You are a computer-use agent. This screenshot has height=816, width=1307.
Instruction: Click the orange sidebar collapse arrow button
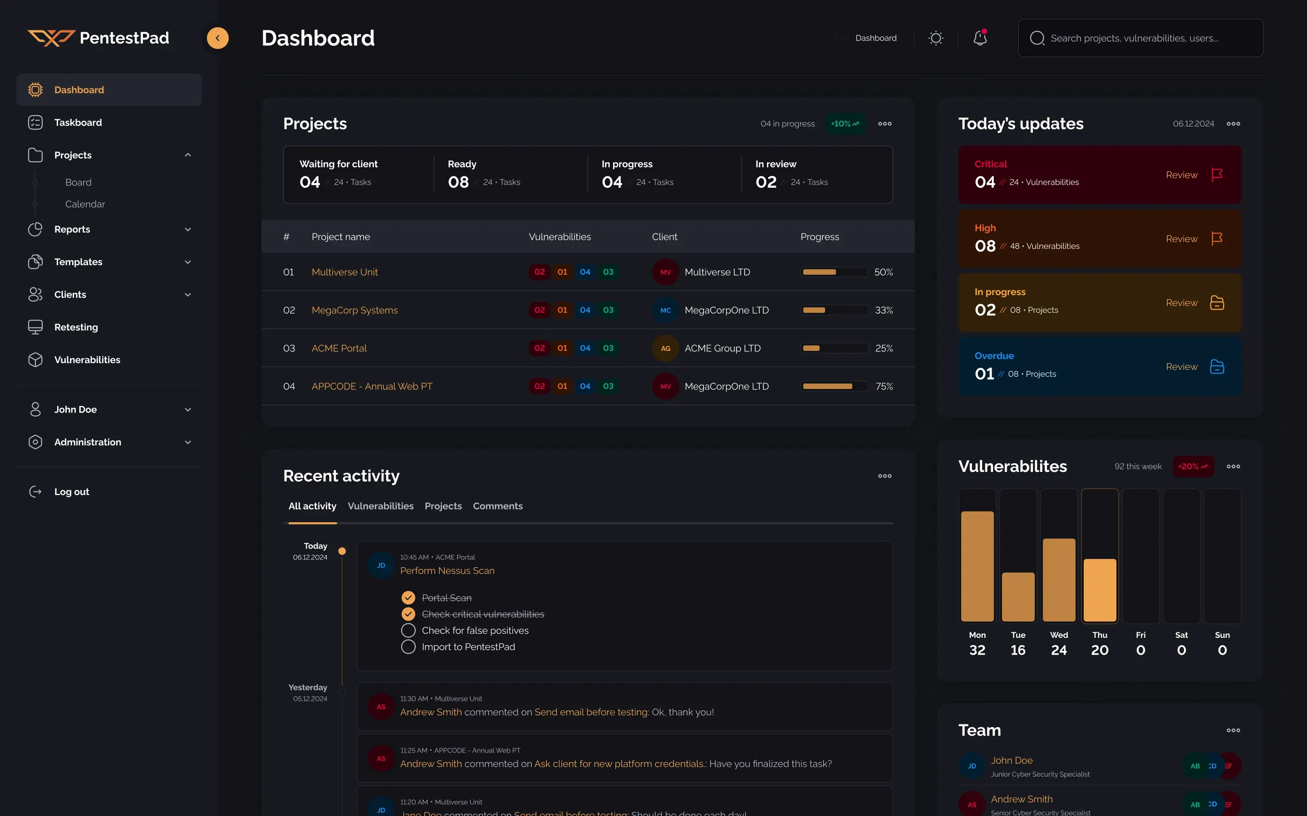pyautogui.click(x=218, y=38)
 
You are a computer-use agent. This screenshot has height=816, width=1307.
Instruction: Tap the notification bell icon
pyautogui.click(x=980, y=38)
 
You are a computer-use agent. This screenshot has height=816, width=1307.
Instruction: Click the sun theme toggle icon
pyautogui.click(x=935, y=38)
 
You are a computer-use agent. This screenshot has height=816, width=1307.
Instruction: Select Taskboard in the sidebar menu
pyautogui.click(x=78, y=122)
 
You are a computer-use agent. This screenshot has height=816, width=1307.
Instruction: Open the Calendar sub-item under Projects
pyautogui.click(x=85, y=204)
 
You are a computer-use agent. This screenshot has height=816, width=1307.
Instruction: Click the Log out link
pyautogui.click(x=71, y=492)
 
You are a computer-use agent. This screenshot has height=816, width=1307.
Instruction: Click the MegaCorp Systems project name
pyautogui.click(x=354, y=310)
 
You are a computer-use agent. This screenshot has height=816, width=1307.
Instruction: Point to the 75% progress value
pyautogui.click(x=884, y=386)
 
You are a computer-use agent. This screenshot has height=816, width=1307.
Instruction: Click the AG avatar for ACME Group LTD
pyautogui.click(x=665, y=348)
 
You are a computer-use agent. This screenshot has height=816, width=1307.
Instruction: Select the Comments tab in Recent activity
pyautogui.click(x=497, y=505)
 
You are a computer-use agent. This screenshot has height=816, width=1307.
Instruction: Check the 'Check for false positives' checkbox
pyautogui.click(x=408, y=630)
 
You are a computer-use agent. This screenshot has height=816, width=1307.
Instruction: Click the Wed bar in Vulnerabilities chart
pyautogui.click(x=1059, y=580)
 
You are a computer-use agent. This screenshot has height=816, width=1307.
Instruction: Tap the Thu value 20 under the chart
pyautogui.click(x=1100, y=650)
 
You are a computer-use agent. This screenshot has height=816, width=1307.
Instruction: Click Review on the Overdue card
pyautogui.click(x=1181, y=366)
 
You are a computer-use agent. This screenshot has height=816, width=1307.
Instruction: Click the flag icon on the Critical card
pyautogui.click(x=1217, y=175)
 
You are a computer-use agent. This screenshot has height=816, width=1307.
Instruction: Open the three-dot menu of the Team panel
pyautogui.click(x=1233, y=730)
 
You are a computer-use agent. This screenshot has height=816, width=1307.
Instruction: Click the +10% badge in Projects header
pyautogui.click(x=845, y=124)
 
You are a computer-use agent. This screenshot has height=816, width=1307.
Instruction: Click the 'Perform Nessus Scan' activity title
pyautogui.click(x=447, y=570)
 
